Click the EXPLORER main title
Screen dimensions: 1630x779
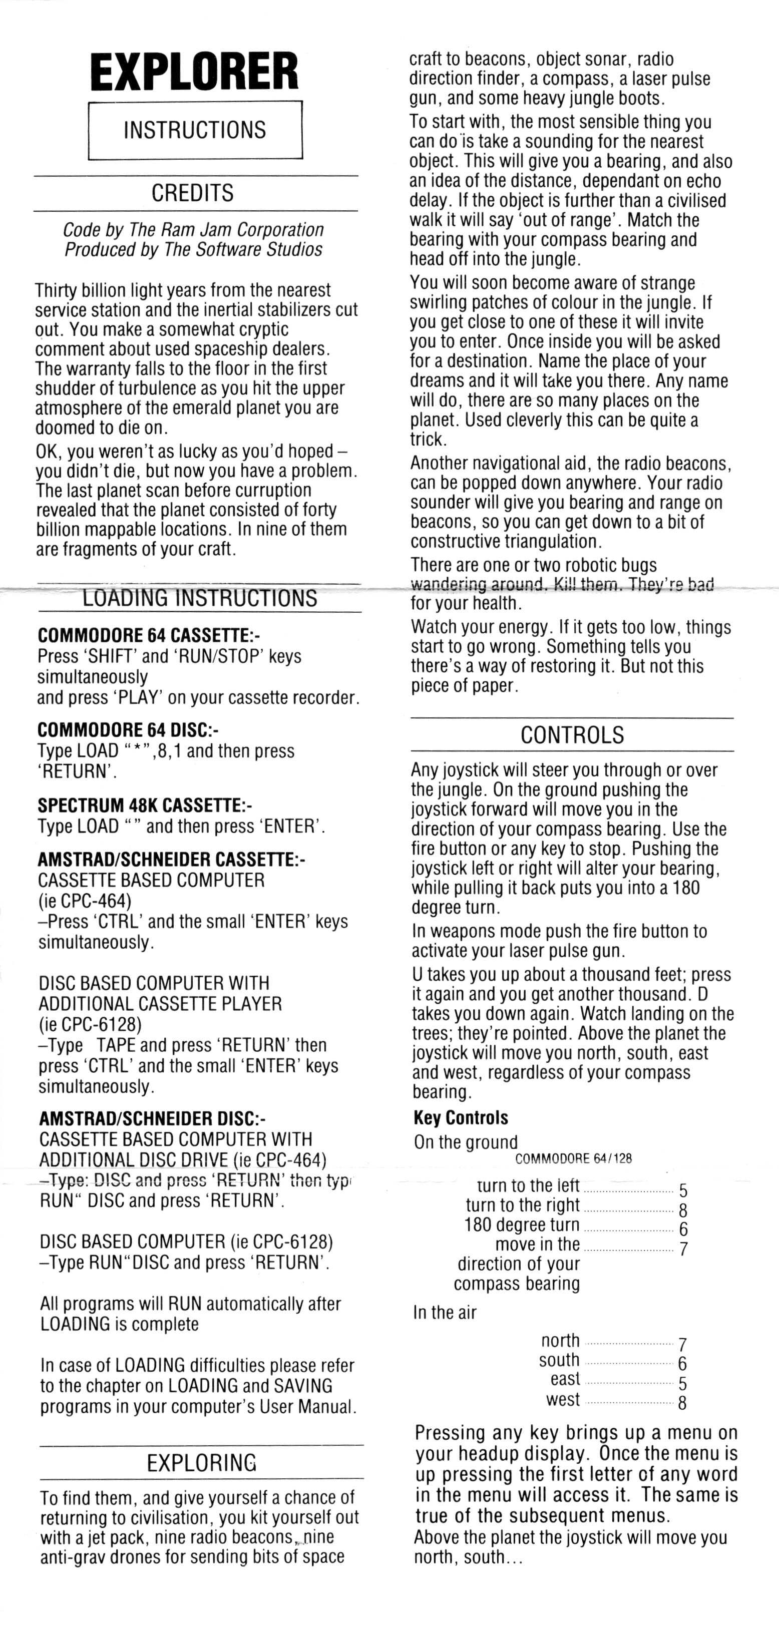point(194,72)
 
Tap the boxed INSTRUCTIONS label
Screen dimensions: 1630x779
point(195,130)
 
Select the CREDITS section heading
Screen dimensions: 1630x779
point(192,193)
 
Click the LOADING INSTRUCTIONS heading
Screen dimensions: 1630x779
point(200,598)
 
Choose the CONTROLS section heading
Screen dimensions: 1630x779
point(572,735)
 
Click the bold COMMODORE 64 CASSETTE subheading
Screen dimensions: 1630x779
point(148,635)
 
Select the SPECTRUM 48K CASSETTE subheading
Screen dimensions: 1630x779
point(144,805)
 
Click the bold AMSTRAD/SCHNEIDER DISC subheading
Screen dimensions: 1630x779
point(152,1119)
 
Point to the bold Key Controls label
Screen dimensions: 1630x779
point(461,1118)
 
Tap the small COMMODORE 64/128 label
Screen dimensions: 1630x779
point(573,1158)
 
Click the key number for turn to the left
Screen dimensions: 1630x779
point(683,1191)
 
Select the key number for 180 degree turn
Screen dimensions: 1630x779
point(683,1230)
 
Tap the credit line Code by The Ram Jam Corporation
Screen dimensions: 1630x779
point(193,230)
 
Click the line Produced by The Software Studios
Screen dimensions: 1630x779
point(193,249)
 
